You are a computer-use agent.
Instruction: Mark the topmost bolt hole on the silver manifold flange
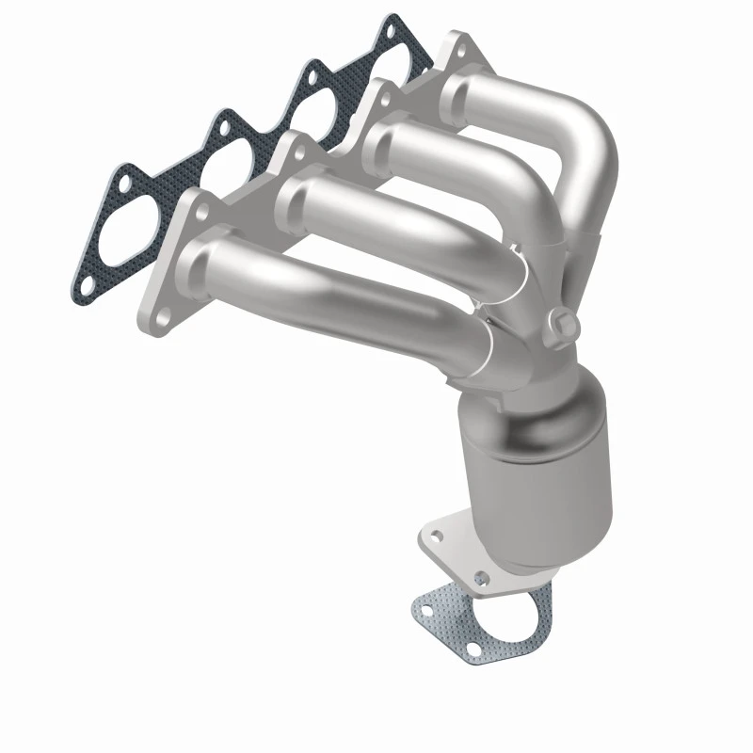(x=458, y=45)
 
